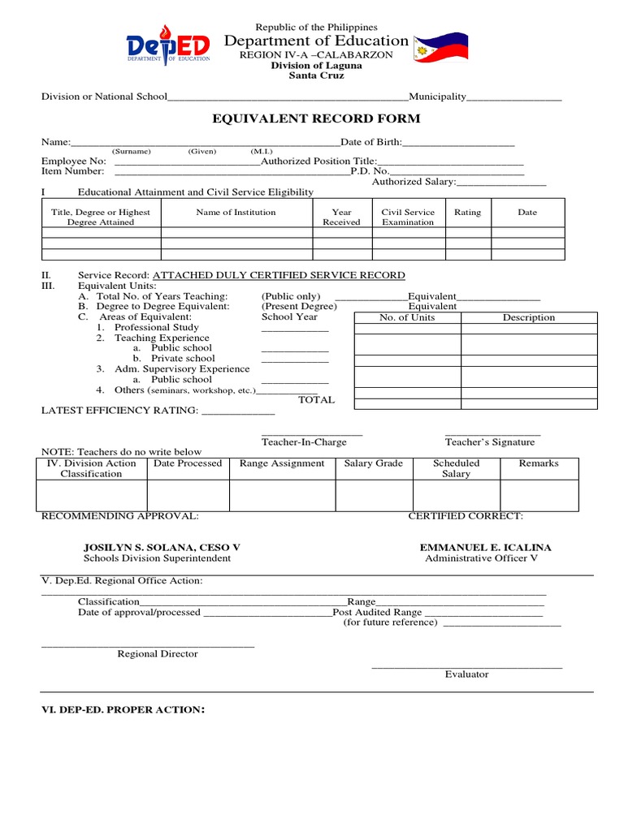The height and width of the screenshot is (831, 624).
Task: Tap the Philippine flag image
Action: (x=444, y=50)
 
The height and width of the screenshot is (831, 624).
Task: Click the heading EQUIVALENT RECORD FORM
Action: (x=316, y=119)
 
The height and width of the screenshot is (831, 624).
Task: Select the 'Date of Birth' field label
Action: (x=370, y=142)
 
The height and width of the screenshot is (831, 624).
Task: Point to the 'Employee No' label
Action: (x=74, y=161)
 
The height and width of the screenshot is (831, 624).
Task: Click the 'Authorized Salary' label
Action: (x=414, y=182)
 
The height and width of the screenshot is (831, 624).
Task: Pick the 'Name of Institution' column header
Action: (x=236, y=213)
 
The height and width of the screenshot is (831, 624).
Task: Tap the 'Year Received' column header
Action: (x=342, y=217)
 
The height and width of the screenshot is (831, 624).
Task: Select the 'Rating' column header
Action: (x=467, y=213)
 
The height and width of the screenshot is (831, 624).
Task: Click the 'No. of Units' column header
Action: (x=407, y=317)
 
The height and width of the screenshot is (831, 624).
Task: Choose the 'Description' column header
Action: (x=528, y=317)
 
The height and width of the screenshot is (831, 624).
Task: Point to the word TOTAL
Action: (x=316, y=400)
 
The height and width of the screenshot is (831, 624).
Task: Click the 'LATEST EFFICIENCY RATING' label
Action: (x=119, y=411)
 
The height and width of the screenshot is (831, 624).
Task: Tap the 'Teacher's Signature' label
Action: (x=490, y=442)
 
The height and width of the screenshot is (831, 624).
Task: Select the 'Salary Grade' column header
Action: (x=373, y=463)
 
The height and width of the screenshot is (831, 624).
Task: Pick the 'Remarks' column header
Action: (x=539, y=463)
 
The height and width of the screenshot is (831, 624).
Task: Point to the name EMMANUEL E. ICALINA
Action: (x=485, y=548)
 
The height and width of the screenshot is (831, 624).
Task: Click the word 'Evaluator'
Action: (x=466, y=674)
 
